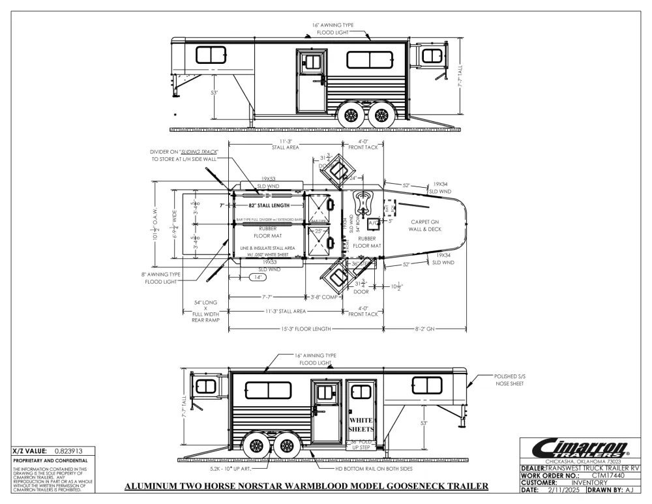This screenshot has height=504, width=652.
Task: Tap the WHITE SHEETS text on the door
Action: (x=360, y=426)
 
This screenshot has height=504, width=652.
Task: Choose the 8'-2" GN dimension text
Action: (x=426, y=329)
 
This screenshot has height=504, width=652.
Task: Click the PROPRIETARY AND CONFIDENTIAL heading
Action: (x=46, y=460)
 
